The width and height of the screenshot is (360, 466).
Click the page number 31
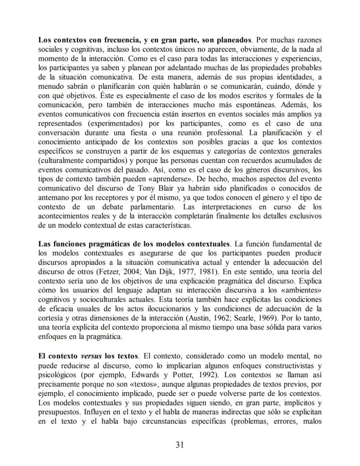180,444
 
